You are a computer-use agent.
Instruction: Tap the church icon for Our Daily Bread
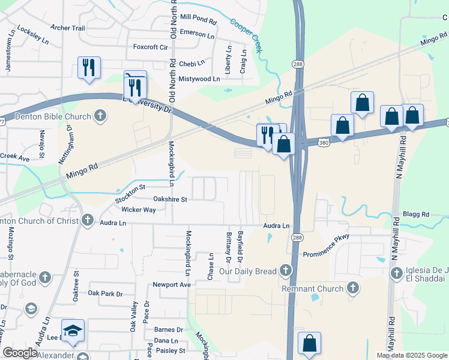click(x=286, y=271)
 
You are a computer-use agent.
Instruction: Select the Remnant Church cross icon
click(x=354, y=289)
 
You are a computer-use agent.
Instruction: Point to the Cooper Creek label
click(x=247, y=34)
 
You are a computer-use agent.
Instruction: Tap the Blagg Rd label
click(x=417, y=214)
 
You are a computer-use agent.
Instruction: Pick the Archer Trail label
click(x=68, y=28)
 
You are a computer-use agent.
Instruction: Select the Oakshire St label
click(x=170, y=199)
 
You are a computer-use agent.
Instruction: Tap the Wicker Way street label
click(x=139, y=210)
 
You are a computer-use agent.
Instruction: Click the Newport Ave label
click(x=171, y=284)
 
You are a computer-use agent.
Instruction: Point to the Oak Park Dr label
click(x=105, y=293)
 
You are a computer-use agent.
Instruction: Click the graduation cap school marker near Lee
click(x=73, y=331)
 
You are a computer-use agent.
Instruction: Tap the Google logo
click(x=20, y=353)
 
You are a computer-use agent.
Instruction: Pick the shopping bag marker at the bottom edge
click(x=309, y=344)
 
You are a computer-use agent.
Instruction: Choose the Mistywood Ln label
click(x=199, y=79)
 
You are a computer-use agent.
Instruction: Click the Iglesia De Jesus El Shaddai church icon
click(x=396, y=274)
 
